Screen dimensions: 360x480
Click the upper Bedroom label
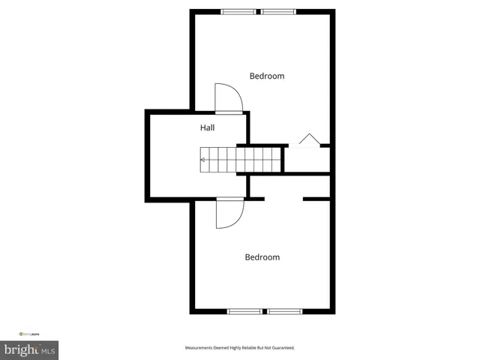(267, 76)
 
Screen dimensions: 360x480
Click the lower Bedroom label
(262, 257)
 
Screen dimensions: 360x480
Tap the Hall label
(207, 128)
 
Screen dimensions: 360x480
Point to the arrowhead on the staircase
(202, 160)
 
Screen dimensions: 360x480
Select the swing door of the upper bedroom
(228, 97)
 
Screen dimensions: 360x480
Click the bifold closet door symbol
(308, 140)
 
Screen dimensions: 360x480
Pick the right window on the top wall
(278, 11)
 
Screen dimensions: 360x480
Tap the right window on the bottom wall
(285, 311)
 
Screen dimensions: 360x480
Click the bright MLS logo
(30, 350)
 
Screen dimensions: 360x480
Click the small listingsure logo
(31, 333)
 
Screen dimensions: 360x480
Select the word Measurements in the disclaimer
(200, 348)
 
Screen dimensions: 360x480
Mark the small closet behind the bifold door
(306, 159)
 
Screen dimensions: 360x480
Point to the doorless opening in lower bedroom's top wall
(284, 199)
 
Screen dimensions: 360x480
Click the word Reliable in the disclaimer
(243, 348)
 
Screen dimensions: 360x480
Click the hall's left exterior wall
(147, 156)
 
